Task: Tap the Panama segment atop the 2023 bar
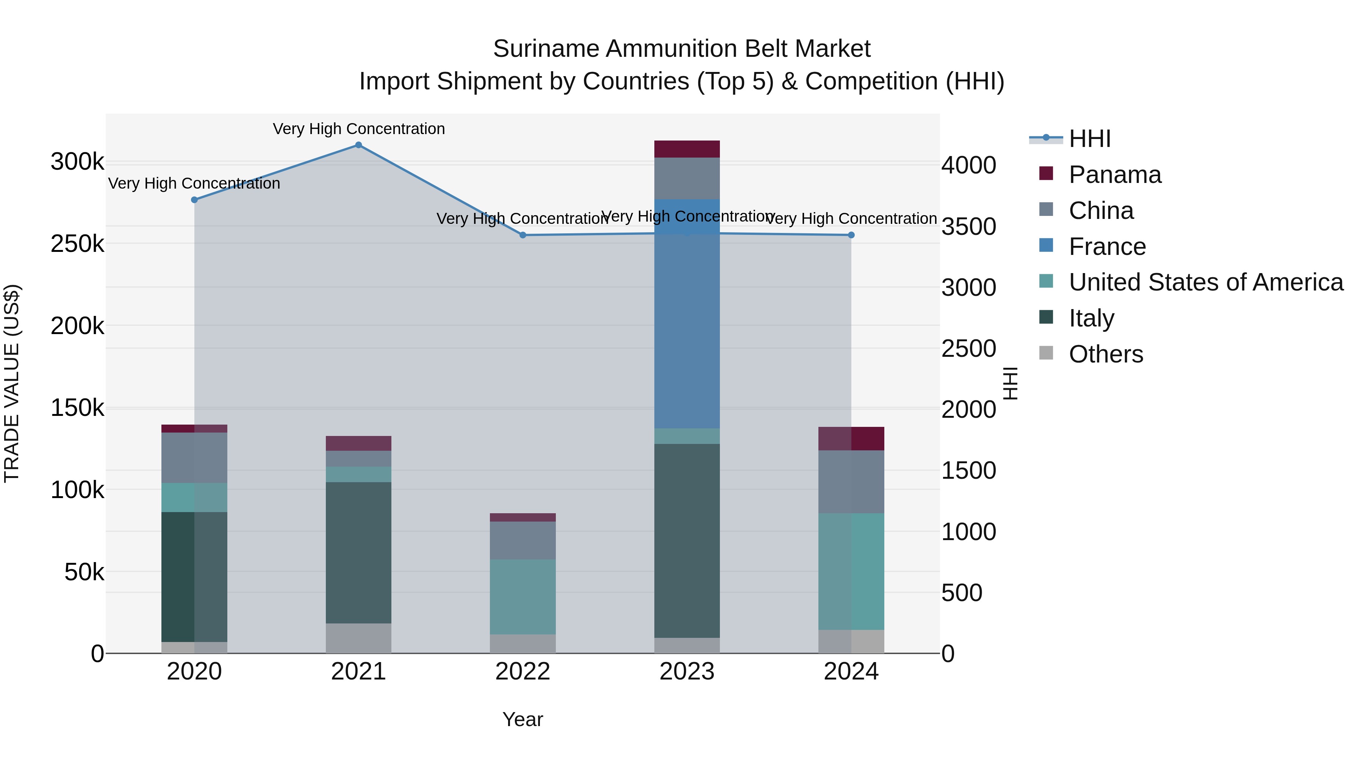click(x=687, y=149)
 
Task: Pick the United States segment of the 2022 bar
click(x=522, y=597)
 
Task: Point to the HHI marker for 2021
click(x=358, y=145)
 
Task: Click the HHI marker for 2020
click(x=194, y=200)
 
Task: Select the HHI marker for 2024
click(x=851, y=235)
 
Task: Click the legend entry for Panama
click(x=1115, y=175)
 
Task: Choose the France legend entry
click(x=1107, y=247)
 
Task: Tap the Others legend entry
click(x=1106, y=354)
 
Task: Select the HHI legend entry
click(x=1089, y=139)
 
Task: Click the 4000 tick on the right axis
click(x=968, y=165)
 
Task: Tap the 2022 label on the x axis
click(x=522, y=672)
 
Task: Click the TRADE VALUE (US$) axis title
click(x=12, y=383)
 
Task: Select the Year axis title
click(x=522, y=719)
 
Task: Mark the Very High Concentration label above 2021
click(x=358, y=129)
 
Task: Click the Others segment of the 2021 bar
click(x=358, y=638)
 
